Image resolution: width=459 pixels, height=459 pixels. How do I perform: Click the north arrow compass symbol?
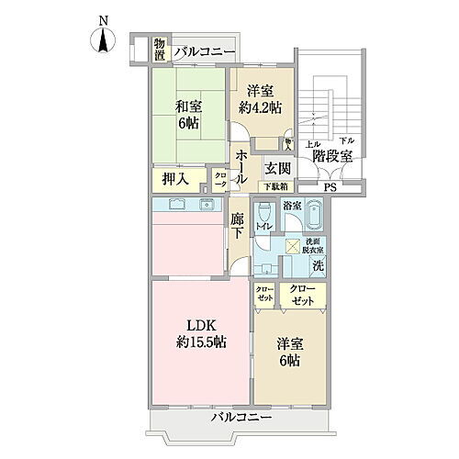[104, 39]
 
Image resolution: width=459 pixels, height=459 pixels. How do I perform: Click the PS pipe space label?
[330, 189]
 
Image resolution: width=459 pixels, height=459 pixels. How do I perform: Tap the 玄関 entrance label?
[278, 168]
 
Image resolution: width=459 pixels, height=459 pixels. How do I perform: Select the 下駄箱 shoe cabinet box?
[277, 186]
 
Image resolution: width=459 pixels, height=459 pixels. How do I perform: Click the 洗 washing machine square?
[317, 266]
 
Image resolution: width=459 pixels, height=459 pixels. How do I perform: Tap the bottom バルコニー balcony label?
[241, 418]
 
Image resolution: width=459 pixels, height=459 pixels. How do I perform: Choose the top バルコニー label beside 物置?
[205, 51]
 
